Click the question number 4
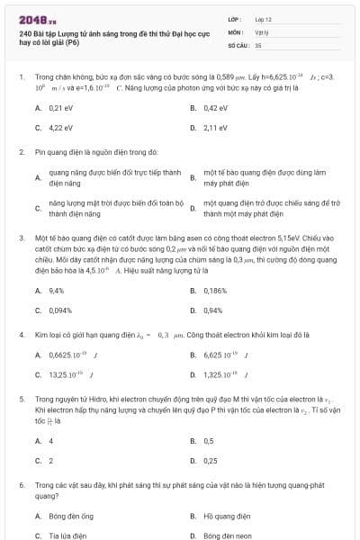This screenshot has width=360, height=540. (21, 334)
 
